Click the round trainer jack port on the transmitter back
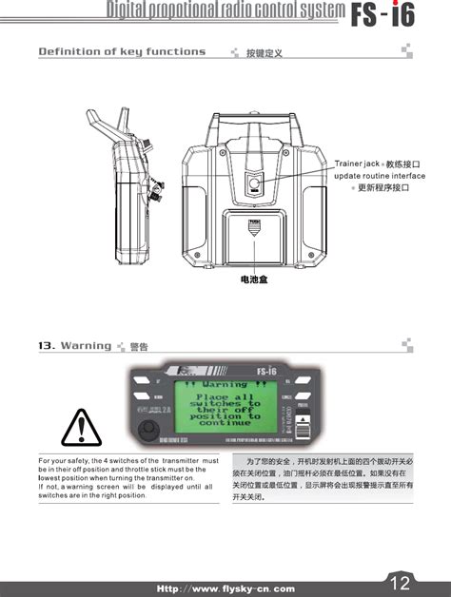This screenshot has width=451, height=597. (254, 184)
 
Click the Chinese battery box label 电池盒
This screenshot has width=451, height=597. (254, 279)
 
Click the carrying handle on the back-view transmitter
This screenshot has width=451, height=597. (254, 131)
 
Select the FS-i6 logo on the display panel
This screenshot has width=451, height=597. (268, 371)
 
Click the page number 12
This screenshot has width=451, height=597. (400, 582)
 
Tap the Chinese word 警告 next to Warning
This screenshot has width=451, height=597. (139, 347)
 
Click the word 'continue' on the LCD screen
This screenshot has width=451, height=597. (225, 424)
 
